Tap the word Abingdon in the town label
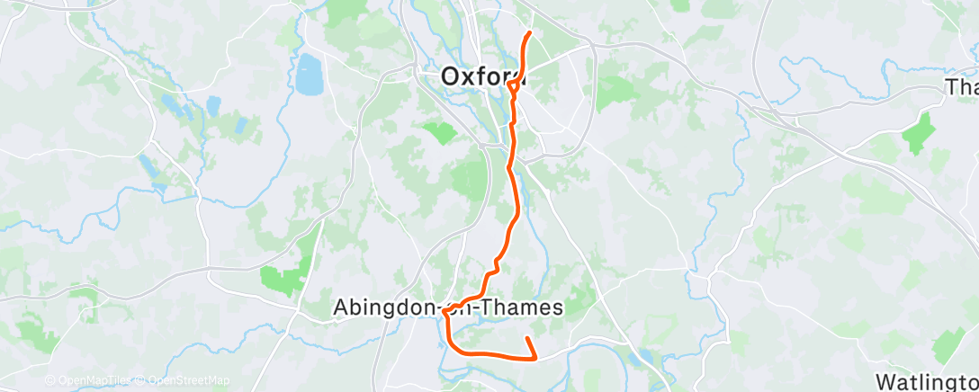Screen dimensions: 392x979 pyautogui.click(x=386, y=307)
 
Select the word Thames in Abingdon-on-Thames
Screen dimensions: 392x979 pyautogui.click(x=521, y=307)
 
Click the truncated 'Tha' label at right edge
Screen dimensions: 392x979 pyautogui.click(x=962, y=87)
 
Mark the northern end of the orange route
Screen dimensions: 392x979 pyautogui.click(x=529, y=33)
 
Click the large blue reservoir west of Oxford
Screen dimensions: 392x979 pyautogui.click(x=309, y=75)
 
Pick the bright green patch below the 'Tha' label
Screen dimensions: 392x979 pyautogui.click(x=919, y=132)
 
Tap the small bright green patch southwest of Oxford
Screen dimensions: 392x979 pyautogui.click(x=440, y=134)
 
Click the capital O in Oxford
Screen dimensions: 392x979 pyautogui.click(x=451, y=77)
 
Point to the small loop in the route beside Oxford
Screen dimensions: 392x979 pyautogui.click(x=514, y=86)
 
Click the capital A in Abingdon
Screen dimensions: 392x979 pyautogui.click(x=341, y=307)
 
